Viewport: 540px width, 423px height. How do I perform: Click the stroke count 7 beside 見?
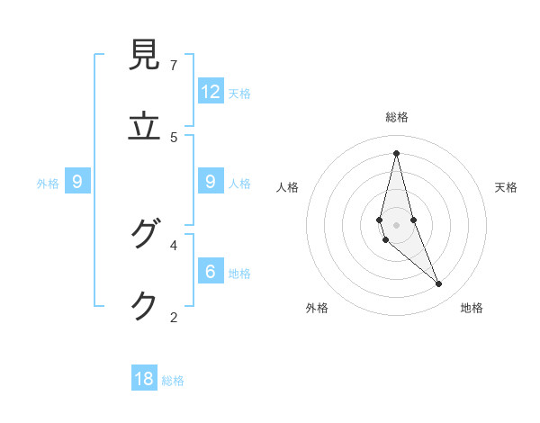[174, 65]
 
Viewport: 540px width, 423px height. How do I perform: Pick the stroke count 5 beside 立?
[174, 137]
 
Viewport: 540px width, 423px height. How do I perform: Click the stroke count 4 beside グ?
[174, 244]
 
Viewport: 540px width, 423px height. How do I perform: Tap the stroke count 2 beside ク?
[174, 316]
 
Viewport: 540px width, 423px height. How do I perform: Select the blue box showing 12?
[211, 92]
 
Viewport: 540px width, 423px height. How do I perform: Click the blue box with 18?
[144, 379]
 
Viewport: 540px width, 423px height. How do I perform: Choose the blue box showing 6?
[211, 271]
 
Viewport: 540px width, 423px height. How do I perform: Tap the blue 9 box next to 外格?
[77, 182]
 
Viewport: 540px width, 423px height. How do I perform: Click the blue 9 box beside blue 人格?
[211, 182]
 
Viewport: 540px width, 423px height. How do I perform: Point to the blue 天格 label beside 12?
[239, 94]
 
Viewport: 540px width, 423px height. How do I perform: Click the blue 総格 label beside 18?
[173, 381]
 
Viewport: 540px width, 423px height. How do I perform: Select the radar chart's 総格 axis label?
[397, 117]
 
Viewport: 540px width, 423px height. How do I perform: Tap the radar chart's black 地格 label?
[472, 309]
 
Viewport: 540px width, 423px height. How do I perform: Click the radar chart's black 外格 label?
[317, 309]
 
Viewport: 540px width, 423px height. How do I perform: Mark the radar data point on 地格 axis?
[439, 283]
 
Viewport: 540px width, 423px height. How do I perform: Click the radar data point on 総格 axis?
[396, 153]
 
